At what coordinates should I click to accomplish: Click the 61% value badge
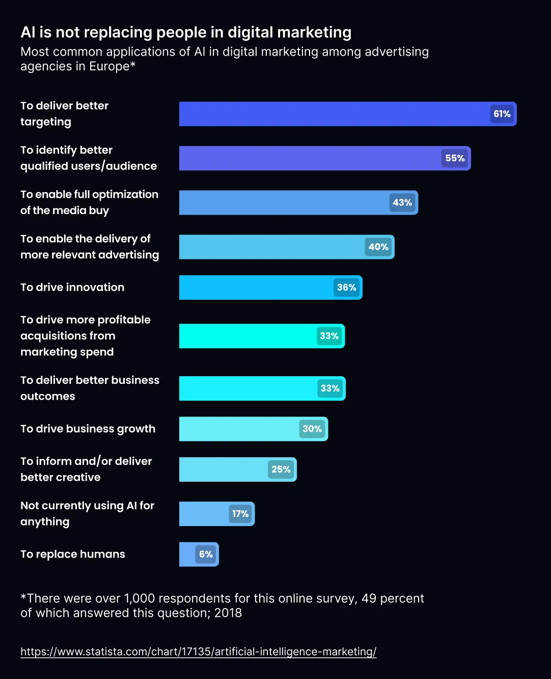502,114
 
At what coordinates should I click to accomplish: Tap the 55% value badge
455,158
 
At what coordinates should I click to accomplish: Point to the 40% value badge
378,247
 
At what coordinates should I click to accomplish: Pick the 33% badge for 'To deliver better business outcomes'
330,388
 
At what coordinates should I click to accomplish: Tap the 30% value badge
312,429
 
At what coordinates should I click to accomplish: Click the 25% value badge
281,469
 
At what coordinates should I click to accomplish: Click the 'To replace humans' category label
73,554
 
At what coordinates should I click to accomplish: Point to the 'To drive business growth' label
88,429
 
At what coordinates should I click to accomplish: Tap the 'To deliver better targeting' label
64,114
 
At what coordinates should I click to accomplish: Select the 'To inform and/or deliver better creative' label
86,469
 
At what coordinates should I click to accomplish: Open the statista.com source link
198,651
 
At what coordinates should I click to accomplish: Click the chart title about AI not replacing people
186,32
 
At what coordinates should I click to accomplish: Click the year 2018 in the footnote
228,613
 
